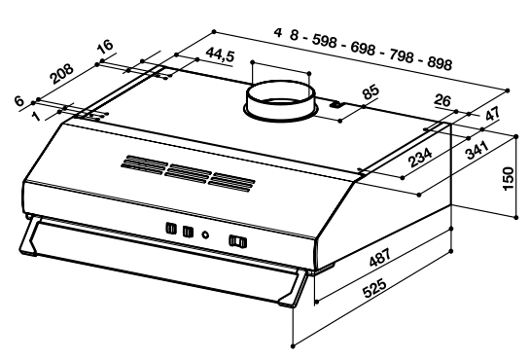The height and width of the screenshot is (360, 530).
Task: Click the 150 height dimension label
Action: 509,178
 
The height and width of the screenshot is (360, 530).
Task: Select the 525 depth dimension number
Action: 373,288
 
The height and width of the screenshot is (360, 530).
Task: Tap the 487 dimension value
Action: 380,258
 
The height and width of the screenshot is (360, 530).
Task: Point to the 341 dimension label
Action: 477,150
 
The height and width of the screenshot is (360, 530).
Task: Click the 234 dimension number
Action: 420,158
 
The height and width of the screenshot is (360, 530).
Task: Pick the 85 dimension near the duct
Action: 371,91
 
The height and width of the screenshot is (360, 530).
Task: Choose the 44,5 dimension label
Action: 220,54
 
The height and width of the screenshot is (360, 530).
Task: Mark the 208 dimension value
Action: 61,74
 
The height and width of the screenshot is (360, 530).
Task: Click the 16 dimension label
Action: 105,46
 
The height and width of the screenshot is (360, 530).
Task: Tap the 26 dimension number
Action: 442,100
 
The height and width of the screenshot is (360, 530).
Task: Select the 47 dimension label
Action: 492,114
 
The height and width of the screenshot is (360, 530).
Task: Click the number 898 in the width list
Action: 440,63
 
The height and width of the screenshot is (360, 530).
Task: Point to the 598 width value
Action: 325,41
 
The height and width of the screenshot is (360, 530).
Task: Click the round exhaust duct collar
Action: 280,100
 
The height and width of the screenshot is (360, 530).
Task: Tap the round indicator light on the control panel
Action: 205,234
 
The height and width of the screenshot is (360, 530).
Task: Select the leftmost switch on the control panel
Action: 171,229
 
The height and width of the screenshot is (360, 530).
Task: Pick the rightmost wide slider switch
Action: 238,241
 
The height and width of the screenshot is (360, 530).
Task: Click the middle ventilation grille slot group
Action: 189,173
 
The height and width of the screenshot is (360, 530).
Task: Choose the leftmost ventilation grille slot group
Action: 144,164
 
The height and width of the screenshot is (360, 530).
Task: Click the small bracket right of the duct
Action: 336,105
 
